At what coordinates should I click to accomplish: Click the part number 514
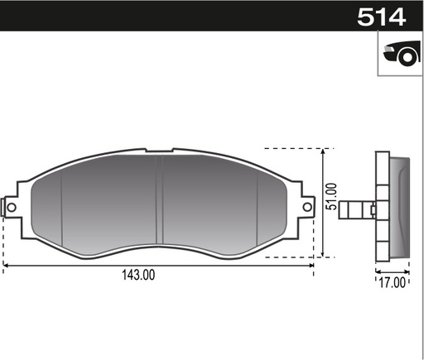pos(382,17)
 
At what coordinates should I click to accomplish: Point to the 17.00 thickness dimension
pos(393,282)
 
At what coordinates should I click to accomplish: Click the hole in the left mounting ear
pos(12,205)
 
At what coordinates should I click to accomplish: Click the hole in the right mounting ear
pos(306,204)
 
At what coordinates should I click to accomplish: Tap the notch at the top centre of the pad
pos(159,151)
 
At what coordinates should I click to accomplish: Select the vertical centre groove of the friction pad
pos(161,203)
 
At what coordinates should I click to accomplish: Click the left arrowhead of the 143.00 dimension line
pos(7,265)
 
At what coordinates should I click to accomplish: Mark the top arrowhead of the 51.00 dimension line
pos(324,151)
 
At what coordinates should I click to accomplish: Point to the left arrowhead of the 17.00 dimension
pos(378,271)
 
